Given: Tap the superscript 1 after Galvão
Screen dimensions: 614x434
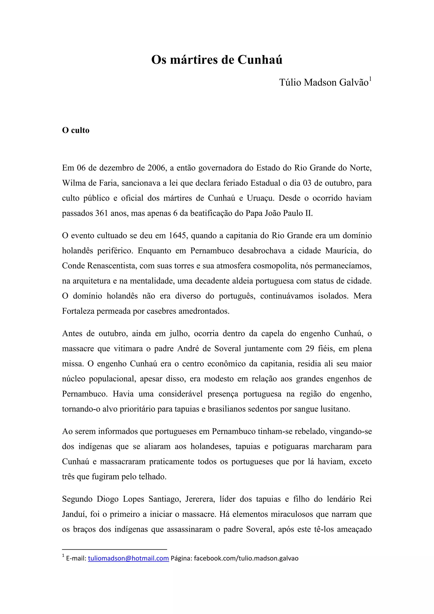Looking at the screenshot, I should pyautogui.click(x=370, y=79).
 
